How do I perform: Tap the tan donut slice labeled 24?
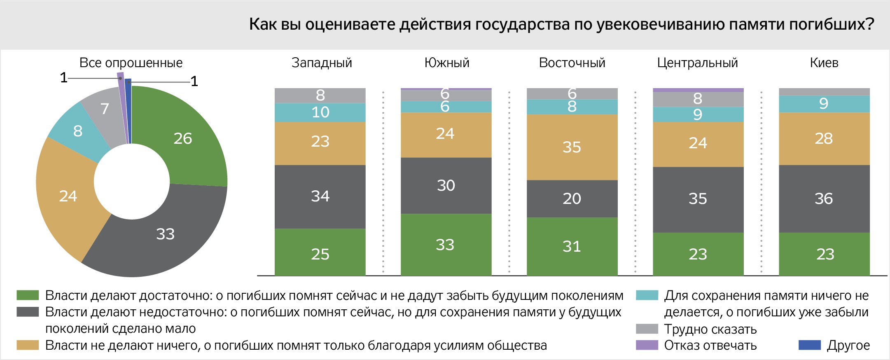click(x=68, y=196)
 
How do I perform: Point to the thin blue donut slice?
click(x=128, y=111)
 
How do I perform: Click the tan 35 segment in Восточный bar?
click(x=572, y=147)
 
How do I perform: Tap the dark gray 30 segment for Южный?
click(x=446, y=185)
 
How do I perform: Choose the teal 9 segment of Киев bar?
click(x=824, y=104)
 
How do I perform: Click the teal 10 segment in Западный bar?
click(x=320, y=112)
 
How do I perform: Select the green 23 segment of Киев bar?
click(x=824, y=254)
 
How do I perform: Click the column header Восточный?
click(x=572, y=63)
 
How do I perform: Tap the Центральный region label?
click(x=697, y=63)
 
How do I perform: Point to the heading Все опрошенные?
click(x=131, y=63)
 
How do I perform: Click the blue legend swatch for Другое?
click(x=809, y=345)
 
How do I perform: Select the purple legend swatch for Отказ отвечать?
click(x=647, y=345)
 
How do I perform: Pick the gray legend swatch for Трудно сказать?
click(x=647, y=329)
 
